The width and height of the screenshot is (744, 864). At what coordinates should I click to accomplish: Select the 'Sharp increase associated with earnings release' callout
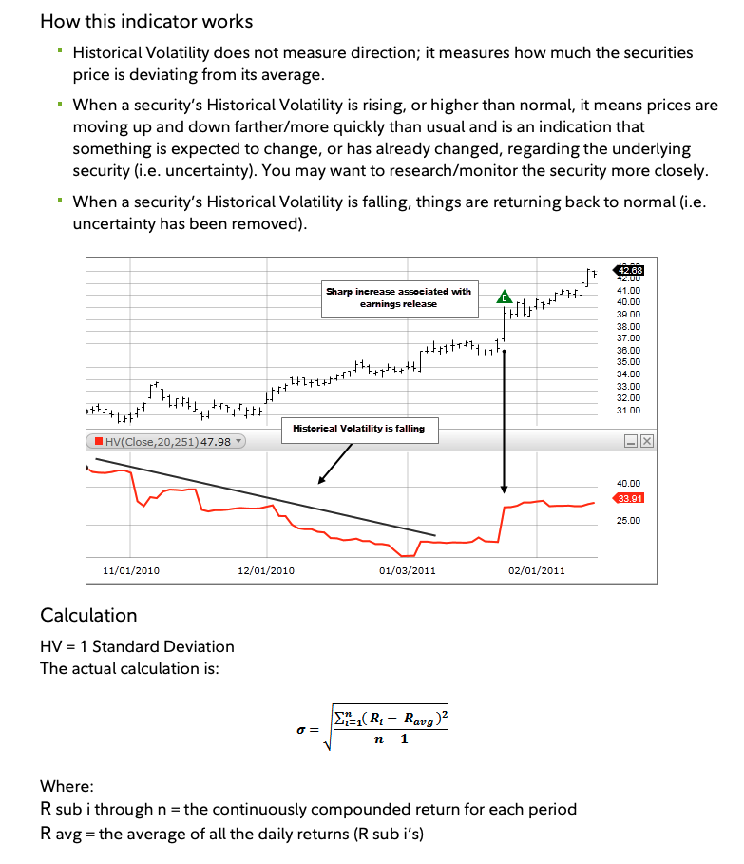coord(398,298)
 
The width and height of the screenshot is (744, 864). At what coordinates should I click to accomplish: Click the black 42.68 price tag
coord(630,271)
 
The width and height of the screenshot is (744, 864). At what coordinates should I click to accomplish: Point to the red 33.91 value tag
coord(629,498)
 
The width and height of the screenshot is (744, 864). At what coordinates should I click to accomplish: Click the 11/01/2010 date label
coord(130,570)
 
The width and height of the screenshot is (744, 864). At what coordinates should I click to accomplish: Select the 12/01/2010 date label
coord(266,570)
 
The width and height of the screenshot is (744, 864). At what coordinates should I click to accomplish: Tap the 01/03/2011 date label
coord(407,570)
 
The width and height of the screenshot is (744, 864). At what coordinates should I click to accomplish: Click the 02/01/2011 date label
coord(537,570)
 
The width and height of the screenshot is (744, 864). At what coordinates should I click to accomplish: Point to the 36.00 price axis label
coord(628,350)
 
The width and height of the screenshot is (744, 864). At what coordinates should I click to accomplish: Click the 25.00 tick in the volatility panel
coord(628,521)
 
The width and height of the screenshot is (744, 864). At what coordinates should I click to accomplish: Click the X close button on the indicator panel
coord(646,442)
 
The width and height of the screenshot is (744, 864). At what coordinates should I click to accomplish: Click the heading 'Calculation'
coord(88,615)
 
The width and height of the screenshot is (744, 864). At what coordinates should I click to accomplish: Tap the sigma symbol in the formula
coord(301,730)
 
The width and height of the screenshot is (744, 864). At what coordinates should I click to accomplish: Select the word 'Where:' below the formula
coord(67,787)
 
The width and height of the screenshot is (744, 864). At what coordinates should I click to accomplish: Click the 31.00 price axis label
coord(628,410)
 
